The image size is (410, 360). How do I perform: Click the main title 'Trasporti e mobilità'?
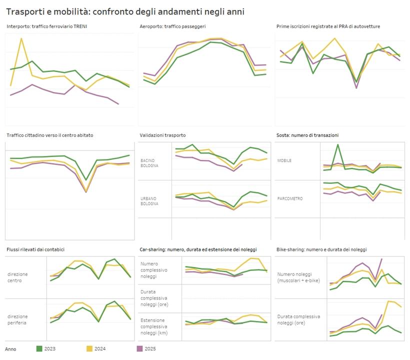tap(125, 10)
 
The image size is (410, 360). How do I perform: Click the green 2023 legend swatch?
tap(40, 348)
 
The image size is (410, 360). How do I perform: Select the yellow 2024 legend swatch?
tap(89, 348)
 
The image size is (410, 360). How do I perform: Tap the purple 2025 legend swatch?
tap(139, 348)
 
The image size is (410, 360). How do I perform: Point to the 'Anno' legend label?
tap(10, 348)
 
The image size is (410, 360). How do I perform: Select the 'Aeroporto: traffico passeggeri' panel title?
tap(172, 26)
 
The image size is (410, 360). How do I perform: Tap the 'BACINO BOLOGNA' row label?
tap(149, 162)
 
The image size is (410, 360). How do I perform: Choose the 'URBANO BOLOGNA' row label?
tap(149, 201)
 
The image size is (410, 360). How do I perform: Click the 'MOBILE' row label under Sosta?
tap(284, 160)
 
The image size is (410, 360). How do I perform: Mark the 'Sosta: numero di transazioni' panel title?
tap(307, 135)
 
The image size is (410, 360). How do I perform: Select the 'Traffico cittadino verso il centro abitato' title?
tap(50, 135)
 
